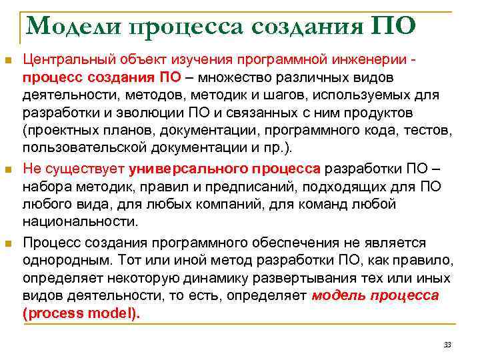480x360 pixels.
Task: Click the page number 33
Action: click(x=447, y=344)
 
